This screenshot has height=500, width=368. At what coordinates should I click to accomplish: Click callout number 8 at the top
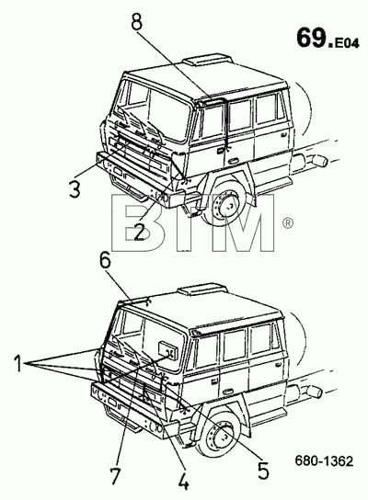tap(137, 19)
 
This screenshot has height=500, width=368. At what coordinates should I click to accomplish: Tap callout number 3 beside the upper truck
tap(75, 187)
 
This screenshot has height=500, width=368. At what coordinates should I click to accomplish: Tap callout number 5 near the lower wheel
tap(263, 469)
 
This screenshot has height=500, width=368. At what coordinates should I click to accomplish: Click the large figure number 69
tap(311, 38)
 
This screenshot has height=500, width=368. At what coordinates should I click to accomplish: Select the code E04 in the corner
tap(346, 43)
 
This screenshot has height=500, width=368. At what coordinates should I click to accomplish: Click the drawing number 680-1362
tap(324, 460)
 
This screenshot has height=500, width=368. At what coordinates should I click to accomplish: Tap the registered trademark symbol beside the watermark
tap(287, 222)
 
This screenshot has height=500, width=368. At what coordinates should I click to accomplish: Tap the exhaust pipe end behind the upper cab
tap(318, 161)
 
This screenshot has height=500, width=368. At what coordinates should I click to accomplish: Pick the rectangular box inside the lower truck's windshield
tap(168, 350)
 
